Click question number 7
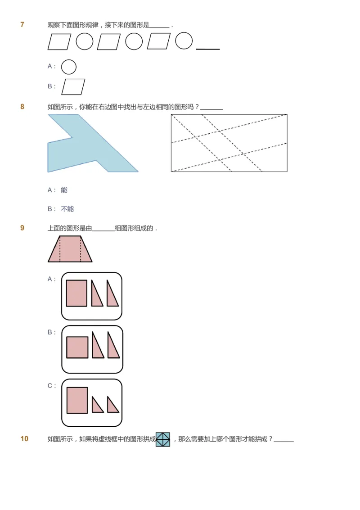coord(22,25)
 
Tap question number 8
coord(22,107)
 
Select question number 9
coord(22,228)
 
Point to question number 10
coord(24,439)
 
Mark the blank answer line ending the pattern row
coord(208,49)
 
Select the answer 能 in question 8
coord(64,190)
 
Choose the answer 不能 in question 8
coord(67,209)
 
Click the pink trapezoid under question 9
coord(70,249)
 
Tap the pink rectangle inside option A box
coord(76,293)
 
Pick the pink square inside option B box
coord(77,348)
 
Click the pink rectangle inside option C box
coord(77,400)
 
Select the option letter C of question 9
coord(50,386)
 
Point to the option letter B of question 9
coord(50,332)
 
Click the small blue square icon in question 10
coord(163,439)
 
